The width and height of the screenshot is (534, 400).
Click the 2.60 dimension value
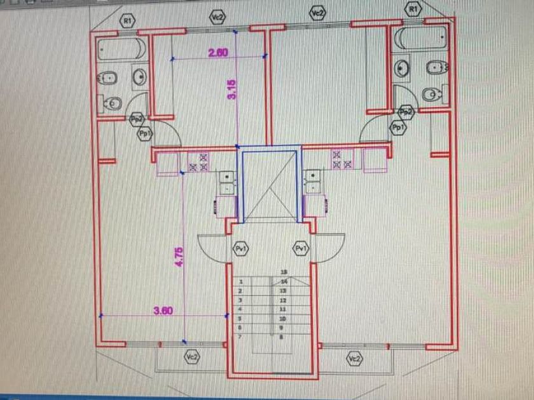tap(218, 53)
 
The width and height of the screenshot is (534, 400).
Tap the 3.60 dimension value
tap(163, 310)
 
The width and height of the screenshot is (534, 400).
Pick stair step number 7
tap(240, 336)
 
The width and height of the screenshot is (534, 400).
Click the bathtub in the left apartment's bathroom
tap(122, 49)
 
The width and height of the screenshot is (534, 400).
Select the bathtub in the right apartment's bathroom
tap(420, 38)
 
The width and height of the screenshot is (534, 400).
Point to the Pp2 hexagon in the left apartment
tap(136, 119)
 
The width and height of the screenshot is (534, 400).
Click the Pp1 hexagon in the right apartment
tap(399, 128)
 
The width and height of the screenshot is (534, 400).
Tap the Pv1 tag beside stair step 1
tap(240, 248)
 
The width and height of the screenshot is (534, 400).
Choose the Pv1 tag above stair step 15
tap(301, 248)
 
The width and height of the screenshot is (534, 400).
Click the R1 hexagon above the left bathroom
tap(128, 21)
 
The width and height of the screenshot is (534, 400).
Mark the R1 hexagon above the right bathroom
tap(413, 9)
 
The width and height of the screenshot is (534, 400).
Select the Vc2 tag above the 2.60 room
tap(218, 17)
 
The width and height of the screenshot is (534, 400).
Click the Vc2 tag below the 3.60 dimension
tap(191, 357)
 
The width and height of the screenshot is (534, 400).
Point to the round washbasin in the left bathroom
tap(140, 78)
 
